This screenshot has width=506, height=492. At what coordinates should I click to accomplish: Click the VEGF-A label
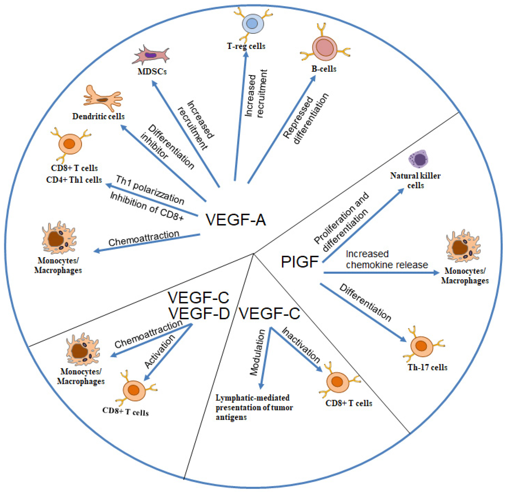235,220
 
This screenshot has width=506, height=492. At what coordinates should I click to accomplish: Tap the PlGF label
299,262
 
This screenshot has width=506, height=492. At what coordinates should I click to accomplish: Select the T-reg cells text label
246,46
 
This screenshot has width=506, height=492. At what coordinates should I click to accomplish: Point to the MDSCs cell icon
151,55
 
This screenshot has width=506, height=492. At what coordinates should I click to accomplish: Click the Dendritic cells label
98,116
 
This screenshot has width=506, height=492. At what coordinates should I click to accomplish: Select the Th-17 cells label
427,367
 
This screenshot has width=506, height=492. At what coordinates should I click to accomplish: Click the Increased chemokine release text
387,259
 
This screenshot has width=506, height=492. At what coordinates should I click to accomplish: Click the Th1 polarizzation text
150,190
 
